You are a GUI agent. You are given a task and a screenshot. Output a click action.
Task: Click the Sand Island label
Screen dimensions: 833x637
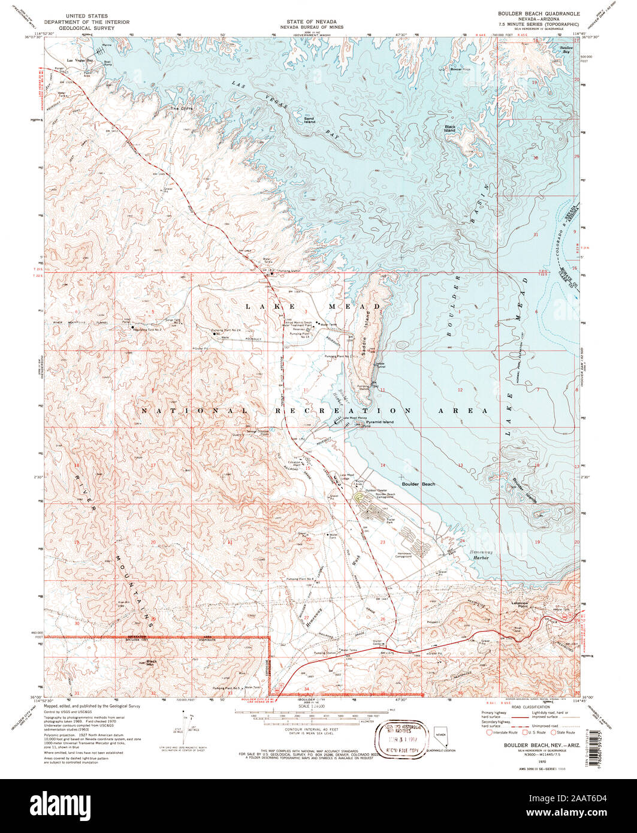click(x=309, y=119)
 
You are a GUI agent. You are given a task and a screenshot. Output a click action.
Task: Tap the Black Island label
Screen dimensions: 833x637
click(x=450, y=128)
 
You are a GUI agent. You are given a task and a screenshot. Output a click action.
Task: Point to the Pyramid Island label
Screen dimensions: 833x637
click(x=381, y=422)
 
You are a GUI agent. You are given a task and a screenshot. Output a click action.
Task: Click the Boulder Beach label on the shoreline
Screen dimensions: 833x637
click(x=418, y=484)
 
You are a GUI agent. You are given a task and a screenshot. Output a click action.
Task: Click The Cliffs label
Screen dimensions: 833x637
click(x=179, y=108)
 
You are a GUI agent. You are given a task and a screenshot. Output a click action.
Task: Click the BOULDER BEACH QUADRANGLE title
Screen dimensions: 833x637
click(x=530, y=13)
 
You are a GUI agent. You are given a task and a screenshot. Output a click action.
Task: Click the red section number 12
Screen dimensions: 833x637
click(x=460, y=390)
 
